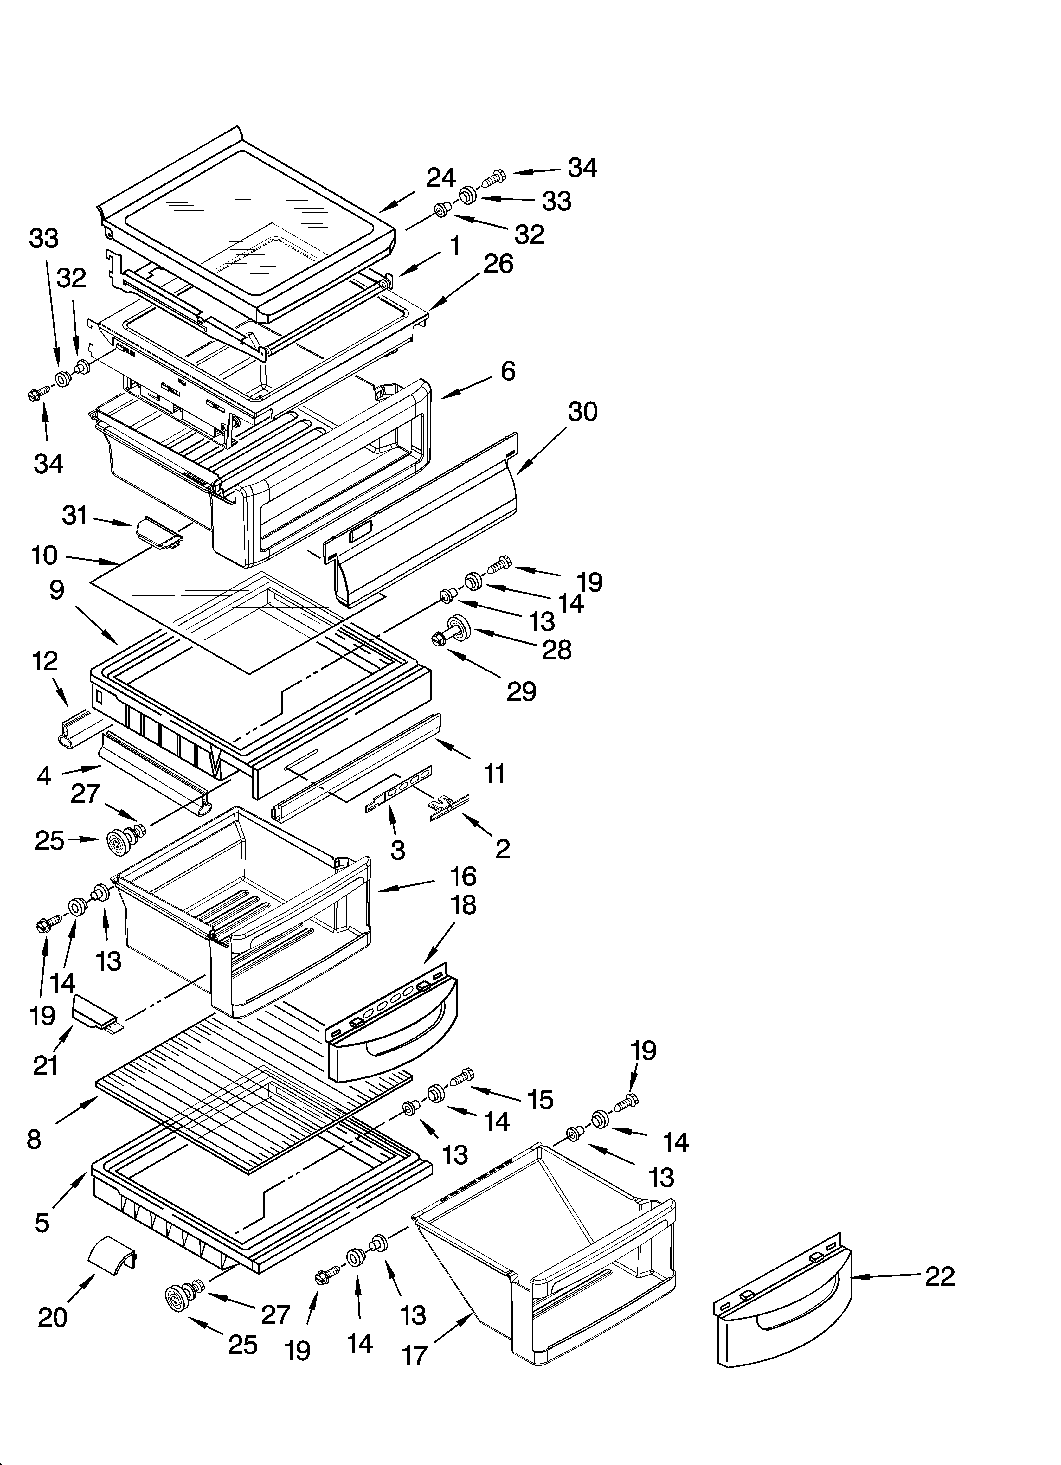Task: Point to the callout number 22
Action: click(940, 1276)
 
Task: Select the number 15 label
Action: click(540, 1099)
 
